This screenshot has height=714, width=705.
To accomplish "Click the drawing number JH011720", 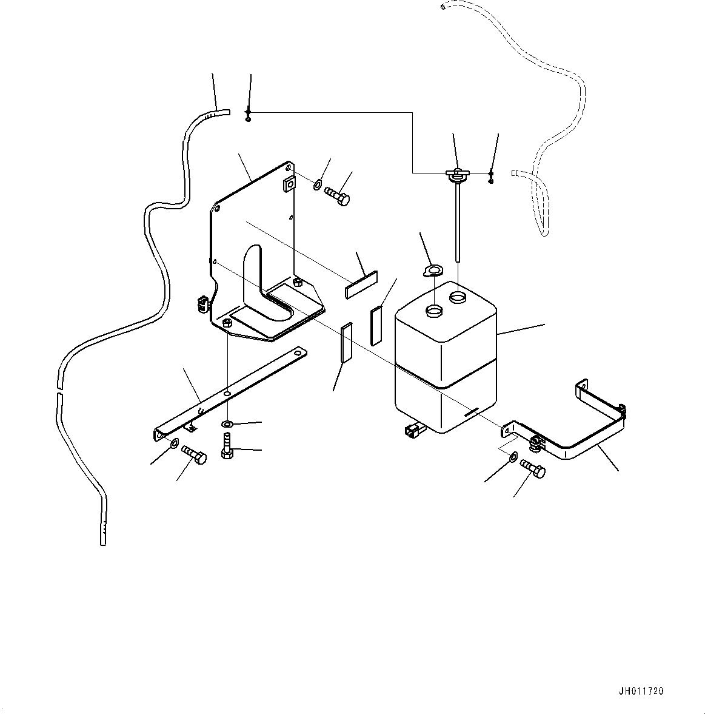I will click(x=641, y=691).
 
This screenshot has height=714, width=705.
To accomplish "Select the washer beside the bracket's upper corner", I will click(x=318, y=184).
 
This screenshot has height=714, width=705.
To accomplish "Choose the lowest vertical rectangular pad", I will click(x=346, y=343).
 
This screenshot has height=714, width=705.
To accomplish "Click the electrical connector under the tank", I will click(x=413, y=430).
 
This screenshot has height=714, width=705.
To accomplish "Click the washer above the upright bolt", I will click(x=227, y=423).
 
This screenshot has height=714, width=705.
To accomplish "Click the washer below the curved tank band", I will click(x=513, y=457).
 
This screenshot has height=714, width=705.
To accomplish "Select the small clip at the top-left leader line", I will click(x=248, y=113).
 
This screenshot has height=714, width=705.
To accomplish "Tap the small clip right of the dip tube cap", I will click(x=491, y=177).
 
